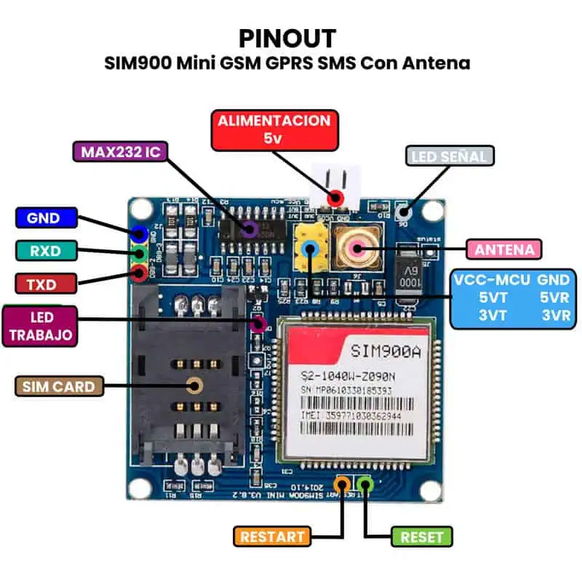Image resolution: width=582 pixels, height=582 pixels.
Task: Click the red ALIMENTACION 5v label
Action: [274, 129]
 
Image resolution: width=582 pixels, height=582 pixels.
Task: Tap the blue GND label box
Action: [47, 218]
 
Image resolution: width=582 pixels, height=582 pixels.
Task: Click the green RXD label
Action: [45, 250]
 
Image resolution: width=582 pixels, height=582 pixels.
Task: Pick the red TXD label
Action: [45, 282]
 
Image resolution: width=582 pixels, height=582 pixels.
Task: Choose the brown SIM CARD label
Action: [58, 386]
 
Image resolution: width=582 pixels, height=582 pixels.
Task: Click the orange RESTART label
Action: [272, 537]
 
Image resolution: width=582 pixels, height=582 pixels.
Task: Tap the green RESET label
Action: [422, 537]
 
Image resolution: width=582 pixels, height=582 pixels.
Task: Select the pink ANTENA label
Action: [504, 250]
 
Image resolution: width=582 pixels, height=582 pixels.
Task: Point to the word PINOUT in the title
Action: [287, 38]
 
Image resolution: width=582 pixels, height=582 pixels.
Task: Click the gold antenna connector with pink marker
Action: [356, 247]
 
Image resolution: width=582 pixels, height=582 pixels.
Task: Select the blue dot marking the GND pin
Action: [138, 234]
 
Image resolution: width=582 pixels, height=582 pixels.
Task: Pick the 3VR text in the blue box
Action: [556, 316]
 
